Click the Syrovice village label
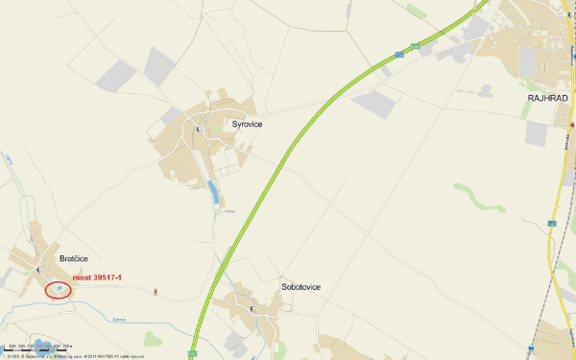[248, 124]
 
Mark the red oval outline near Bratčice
[58, 289]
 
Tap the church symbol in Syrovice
[199, 129]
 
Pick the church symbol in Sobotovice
[251, 309]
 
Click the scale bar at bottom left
[29, 344]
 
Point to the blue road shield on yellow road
[552, 223]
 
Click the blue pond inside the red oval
[60, 288]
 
